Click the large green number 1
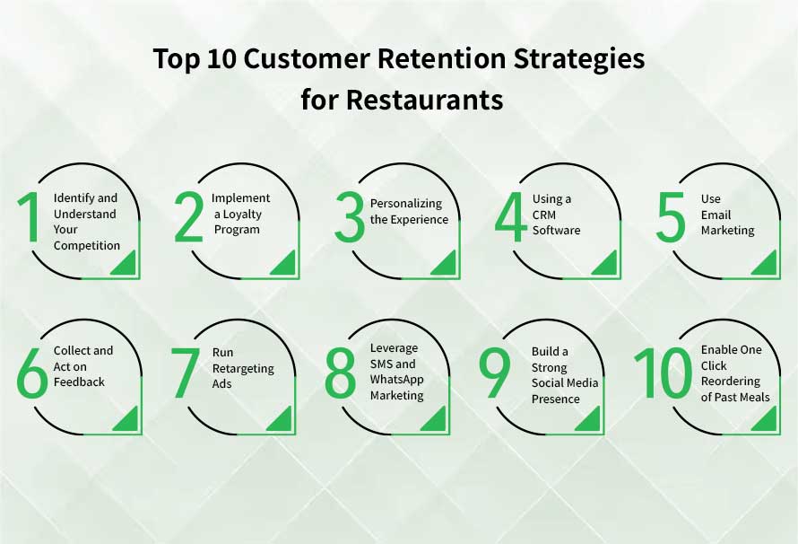tap(30, 218)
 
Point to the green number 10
tap(663, 374)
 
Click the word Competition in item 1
tap(86, 245)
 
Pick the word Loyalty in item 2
tap(238, 214)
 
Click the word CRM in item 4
tap(545, 215)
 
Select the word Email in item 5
tap(716, 215)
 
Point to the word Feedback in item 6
tap(79, 382)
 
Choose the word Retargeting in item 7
tap(243, 368)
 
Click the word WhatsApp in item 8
tap(396, 380)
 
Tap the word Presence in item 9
tap(555, 399)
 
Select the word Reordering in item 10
tap(730, 382)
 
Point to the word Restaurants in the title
tap(425, 99)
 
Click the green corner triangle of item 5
tap(765, 263)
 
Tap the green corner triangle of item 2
tap(283, 263)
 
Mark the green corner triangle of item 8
tap(434, 418)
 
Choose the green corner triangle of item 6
tap(126, 418)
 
